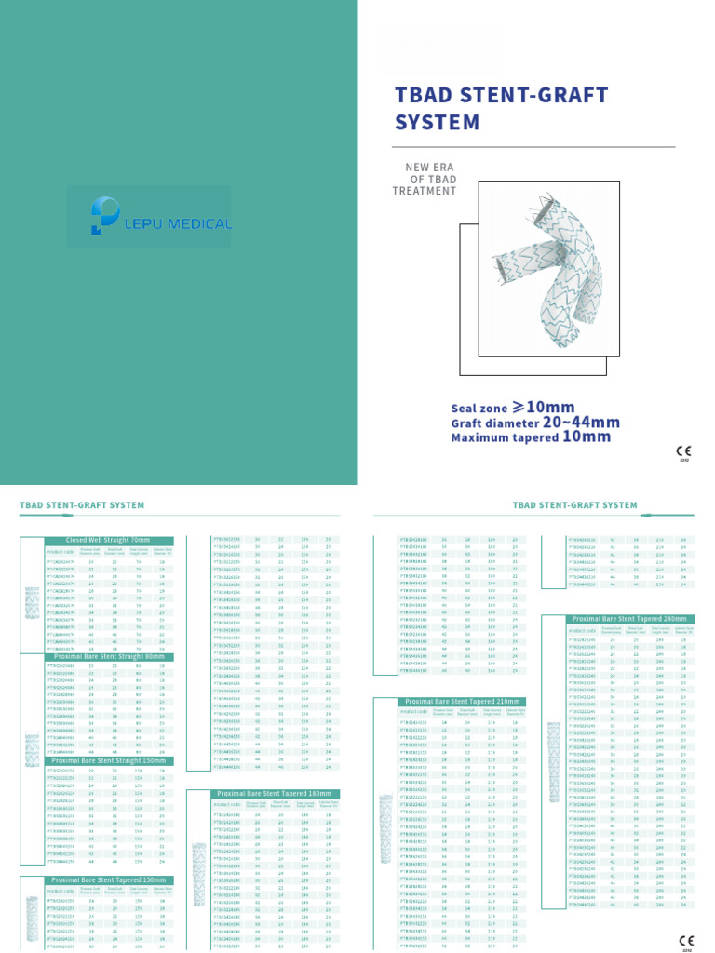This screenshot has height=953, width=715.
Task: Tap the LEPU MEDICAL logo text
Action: pyautogui.click(x=184, y=223)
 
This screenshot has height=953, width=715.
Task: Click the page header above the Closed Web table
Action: pyautogui.click(x=82, y=505)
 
